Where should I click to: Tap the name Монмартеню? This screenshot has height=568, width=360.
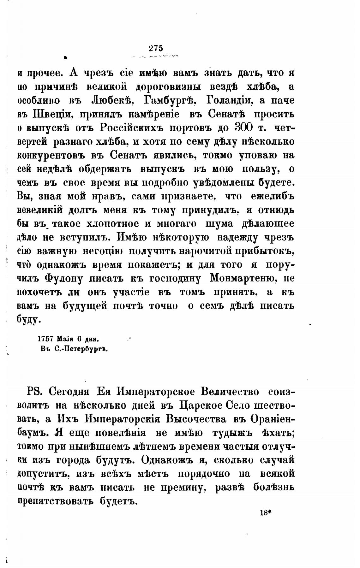pyautogui.click(x=243, y=279)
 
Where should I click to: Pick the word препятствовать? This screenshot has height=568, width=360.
pyautogui.click(x=55, y=501)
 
